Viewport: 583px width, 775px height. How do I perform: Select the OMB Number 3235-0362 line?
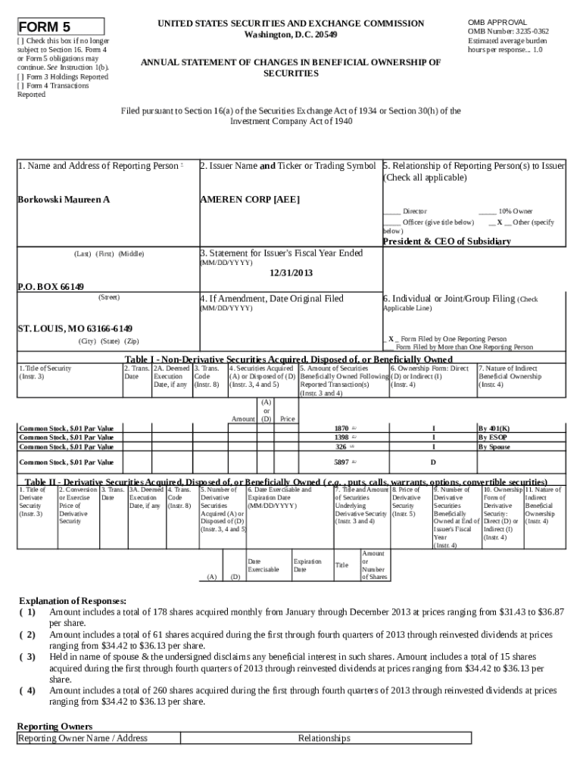[508, 31]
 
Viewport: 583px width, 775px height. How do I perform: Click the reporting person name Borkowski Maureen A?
[64, 199]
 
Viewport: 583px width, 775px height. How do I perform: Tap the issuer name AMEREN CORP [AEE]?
[249, 199]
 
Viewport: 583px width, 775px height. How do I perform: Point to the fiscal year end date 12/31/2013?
[291, 272]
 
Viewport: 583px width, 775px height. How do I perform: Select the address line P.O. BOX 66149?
[51, 287]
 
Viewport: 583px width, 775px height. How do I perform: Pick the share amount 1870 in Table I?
[341, 428]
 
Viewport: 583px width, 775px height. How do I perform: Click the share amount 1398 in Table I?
[341, 437]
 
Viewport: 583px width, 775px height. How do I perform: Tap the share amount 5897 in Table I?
[341, 462]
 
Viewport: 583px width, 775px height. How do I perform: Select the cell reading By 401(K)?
[494, 428]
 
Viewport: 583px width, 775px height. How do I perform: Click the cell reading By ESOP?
[492, 437]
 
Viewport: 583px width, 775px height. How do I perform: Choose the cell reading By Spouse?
[494, 447]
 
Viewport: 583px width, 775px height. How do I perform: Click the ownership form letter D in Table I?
[433, 462]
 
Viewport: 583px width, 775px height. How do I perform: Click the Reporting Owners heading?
[55, 726]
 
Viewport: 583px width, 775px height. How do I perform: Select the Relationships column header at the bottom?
[324, 738]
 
